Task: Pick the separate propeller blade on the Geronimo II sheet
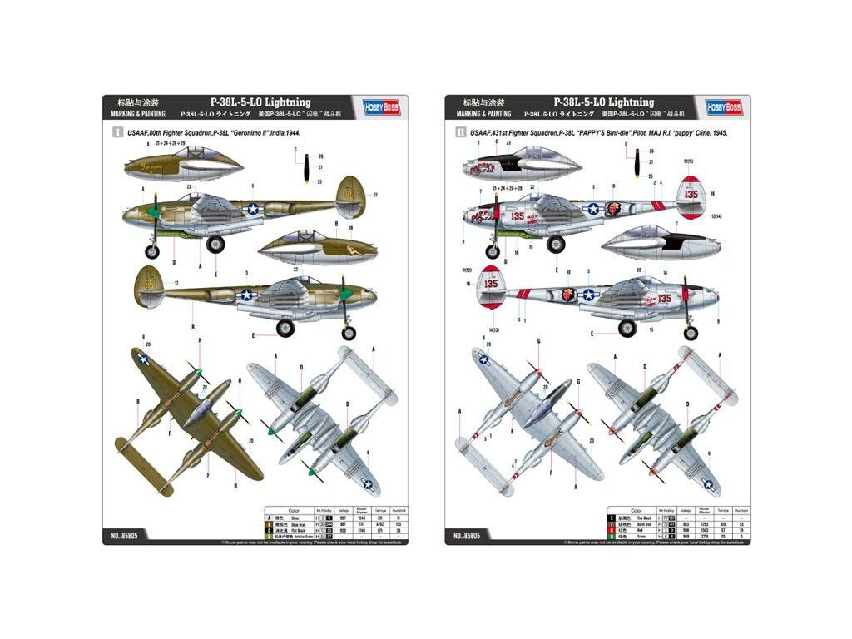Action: pyautogui.click(x=309, y=167)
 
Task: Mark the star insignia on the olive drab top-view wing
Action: pyautogui.click(x=144, y=359)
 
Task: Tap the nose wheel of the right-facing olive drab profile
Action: pyautogui.click(x=349, y=333)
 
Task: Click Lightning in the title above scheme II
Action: pyautogui.click(x=632, y=102)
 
